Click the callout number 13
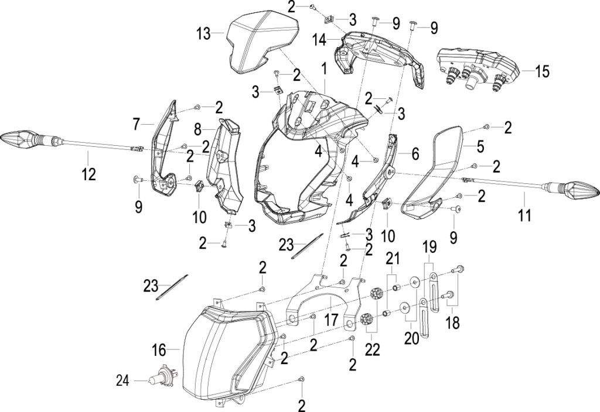[204, 33]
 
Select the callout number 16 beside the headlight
[159, 349]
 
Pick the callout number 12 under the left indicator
[88, 174]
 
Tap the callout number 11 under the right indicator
[524, 215]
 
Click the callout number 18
[453, 323]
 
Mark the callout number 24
[123, 381]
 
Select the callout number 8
[197, 129]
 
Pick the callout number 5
[480, 146]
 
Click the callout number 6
[415, 154]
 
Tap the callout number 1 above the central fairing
[324, 69]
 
